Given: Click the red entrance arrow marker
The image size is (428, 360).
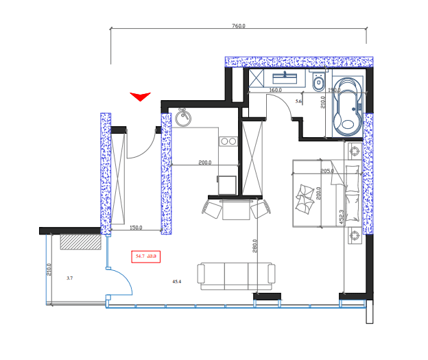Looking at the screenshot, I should click(x=140, y=97).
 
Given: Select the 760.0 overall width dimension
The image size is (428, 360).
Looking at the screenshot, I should click(x=238, y=26).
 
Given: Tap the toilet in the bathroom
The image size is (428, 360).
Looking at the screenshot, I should click(x=318, y=84).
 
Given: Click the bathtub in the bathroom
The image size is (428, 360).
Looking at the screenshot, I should click(x=348, y=108).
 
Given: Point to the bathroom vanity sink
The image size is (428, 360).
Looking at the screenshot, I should click(x=283, y=77).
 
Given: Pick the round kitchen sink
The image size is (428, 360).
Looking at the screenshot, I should click(x=183, y=118).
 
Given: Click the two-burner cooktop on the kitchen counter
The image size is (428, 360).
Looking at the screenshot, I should click(x=228, y=142).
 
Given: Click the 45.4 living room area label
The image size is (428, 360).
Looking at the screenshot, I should click(x=176, y=281).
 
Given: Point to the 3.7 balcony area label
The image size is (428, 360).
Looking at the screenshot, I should click(x=69, y=278).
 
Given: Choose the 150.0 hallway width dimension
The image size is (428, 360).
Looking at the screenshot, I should click(x=136, y=228).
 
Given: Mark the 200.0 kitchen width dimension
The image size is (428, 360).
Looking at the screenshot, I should click(x=204, y=163).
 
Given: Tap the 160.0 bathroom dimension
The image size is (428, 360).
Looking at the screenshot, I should click(x=275, y=90).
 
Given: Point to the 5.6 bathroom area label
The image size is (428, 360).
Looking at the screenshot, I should click(x=298, y=101).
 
